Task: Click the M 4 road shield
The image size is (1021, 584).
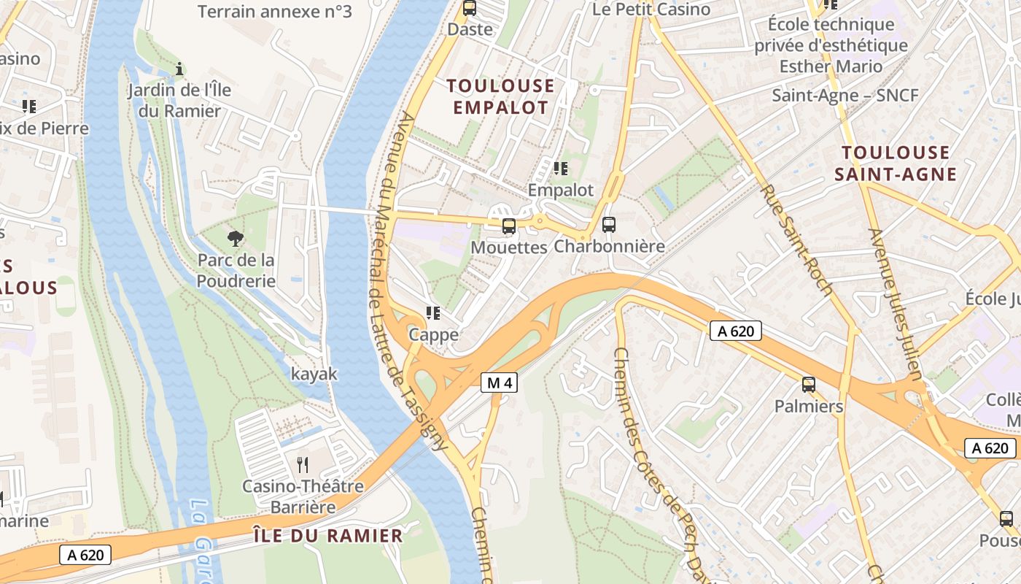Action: [x=499, y=382]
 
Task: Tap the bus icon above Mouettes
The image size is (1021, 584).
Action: [x=509, y=226]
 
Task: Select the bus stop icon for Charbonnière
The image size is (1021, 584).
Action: [x=609, y=225]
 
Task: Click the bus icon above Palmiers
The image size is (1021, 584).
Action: [x=808, y=385]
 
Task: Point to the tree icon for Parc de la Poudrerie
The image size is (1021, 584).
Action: [x=235, y=238]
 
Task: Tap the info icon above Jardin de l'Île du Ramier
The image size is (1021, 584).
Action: [x=179, y=69]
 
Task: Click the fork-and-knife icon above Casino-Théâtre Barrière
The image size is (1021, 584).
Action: [x=303, y=464]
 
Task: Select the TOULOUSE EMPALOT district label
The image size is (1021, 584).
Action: [x=500, y=97]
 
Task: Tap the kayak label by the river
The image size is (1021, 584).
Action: [x=314, y=374]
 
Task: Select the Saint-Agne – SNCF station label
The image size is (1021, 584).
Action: [x=845, y=96]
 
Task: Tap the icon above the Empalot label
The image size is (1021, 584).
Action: [x=560, y=169]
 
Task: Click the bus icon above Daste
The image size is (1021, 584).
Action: [x=470, y=9]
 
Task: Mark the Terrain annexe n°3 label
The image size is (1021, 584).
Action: [x=274, y=12]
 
